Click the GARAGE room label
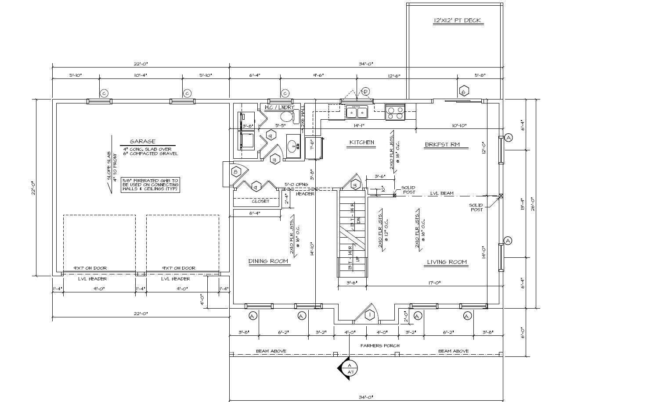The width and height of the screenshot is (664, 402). coord(142,141)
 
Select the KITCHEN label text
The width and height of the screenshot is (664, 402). coord(361,142)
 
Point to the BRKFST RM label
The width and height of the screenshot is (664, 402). coord(442,144)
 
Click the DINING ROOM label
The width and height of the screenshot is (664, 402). coord(268,261)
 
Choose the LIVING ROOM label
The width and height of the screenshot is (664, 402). coord(447,262)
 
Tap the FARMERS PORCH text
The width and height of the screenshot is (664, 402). coord(380,345)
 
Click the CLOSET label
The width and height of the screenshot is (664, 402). coord(260,201)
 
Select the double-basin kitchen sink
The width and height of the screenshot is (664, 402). coord(357,112)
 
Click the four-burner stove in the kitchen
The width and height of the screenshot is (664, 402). coord(395,112)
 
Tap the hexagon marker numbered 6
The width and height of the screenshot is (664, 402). coord(464,91)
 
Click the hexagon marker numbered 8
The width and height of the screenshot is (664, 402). coord(236,171)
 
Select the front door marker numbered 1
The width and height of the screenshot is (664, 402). coord(370,314)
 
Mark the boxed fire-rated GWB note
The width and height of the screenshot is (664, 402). coord(151,185)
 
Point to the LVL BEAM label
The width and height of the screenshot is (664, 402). coord(441,193)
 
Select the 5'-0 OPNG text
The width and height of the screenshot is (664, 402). coord(296,185)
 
